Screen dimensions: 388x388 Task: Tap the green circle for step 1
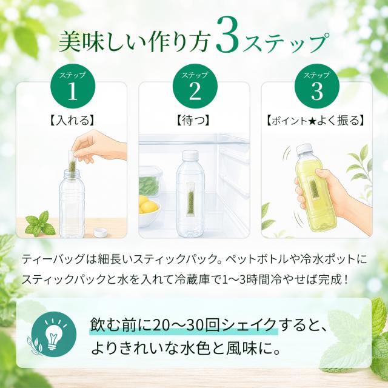pos(73,86)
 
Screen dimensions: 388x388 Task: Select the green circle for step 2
pos(195,86)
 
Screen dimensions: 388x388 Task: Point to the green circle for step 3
pos(317,86)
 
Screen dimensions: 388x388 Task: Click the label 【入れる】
pos(72,121)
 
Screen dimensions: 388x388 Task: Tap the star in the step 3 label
pos(312,121)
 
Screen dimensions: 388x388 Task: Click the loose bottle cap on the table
pos(101,233)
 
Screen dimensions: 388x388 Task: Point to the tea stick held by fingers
pos(73,159)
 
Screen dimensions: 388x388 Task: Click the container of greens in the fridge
pos(149,182)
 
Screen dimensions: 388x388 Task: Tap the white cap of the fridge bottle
pos(190,156)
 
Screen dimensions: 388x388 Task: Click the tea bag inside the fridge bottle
pos(190,200)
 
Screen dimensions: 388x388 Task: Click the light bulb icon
pos(53,333)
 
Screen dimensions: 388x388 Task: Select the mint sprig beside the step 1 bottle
pos(39,224)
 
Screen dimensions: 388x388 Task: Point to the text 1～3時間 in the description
pos(247,280)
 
